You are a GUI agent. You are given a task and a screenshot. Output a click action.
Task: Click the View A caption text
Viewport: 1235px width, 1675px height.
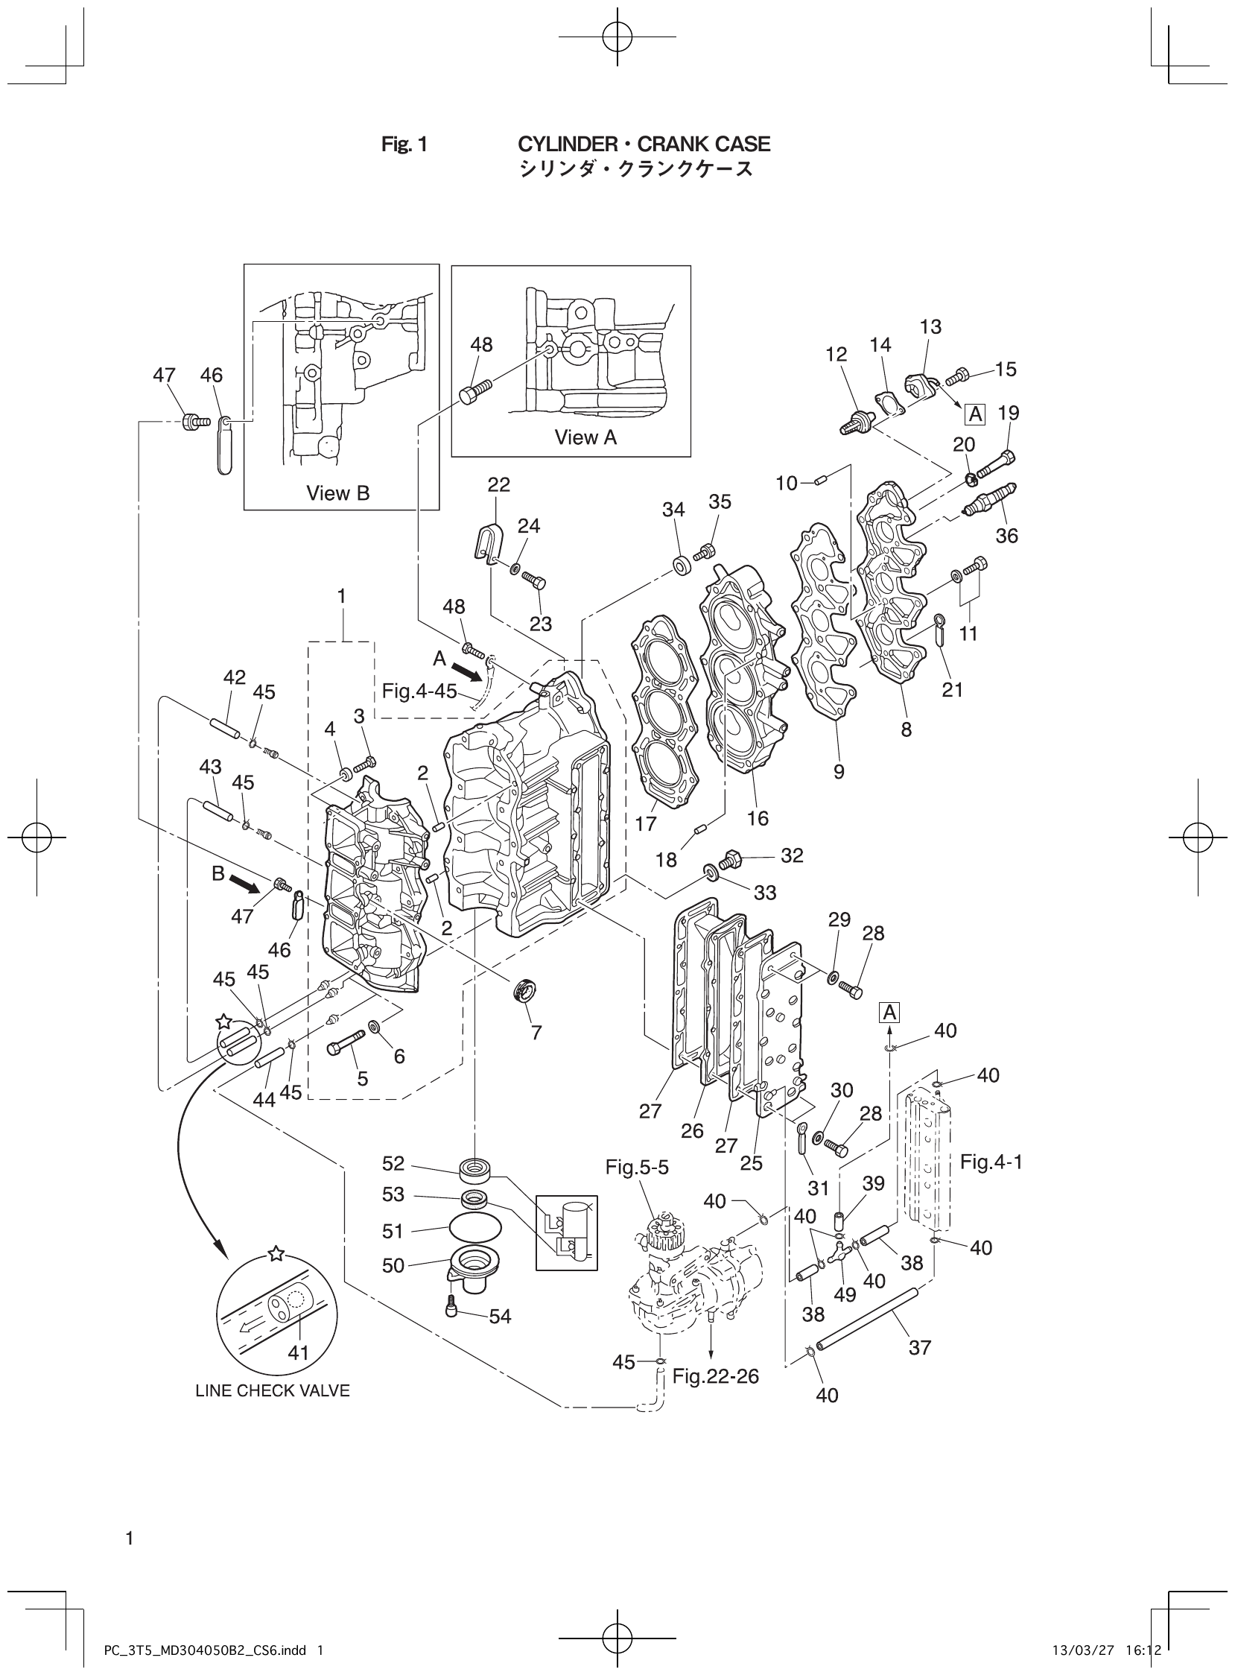[x=585, y=437]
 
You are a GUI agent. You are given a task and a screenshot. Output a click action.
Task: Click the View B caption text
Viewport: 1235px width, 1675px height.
[x=338, y=493]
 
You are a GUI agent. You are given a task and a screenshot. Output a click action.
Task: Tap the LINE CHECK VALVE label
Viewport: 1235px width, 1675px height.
[x=273, y=1391]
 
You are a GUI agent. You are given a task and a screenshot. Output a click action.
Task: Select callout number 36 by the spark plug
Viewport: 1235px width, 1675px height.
[x=1006, y=536]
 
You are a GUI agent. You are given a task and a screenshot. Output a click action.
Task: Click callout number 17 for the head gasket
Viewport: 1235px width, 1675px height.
[x=645, y=823]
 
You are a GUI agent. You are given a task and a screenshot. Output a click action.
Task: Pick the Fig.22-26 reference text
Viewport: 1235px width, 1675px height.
[x=715, y=1376]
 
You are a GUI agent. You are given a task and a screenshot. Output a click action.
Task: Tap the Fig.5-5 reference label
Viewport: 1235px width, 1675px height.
[x=637, y=1168]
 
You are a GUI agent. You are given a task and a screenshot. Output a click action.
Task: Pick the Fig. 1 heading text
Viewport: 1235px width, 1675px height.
[x=404, y=144]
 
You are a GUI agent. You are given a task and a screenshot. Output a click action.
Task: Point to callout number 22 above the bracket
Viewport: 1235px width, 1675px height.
[x=498, y=484]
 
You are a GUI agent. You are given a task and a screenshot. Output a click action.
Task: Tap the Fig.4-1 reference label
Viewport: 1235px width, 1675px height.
[x=991, y=1162]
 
